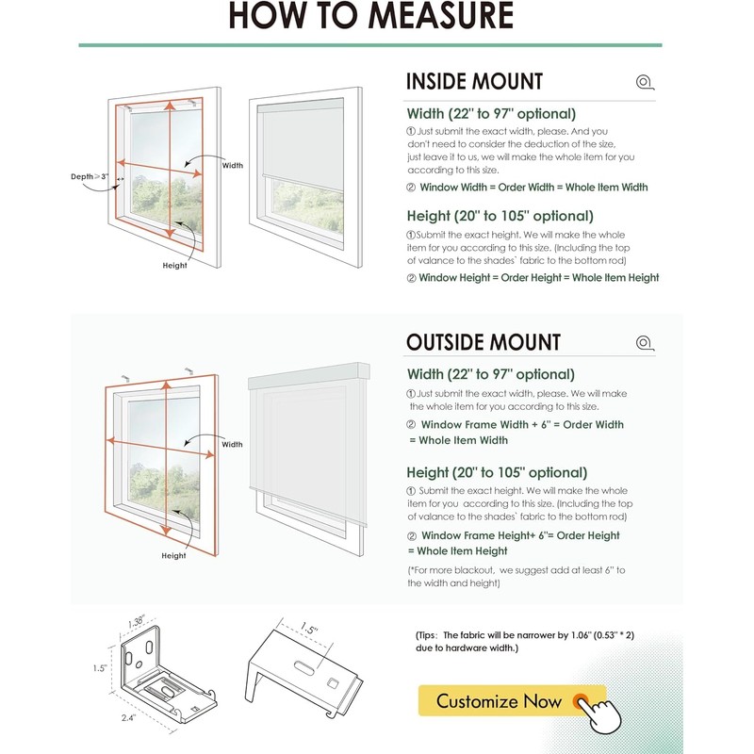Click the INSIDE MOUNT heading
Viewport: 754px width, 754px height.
point(474,82)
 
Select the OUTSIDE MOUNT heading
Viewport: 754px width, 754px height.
point(484,342)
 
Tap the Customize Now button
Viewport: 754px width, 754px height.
point(500,701)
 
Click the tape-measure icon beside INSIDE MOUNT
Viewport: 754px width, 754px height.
point(645,82)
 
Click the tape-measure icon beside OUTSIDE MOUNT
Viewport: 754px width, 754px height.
point(645,343)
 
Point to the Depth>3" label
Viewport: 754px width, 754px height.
point(90,176)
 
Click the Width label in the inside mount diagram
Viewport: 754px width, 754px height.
point(232,165)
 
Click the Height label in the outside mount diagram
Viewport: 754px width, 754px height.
point(173,556)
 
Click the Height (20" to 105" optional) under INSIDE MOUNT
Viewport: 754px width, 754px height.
point(500,216)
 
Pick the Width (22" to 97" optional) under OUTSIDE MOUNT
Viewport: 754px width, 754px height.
point(490,374)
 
